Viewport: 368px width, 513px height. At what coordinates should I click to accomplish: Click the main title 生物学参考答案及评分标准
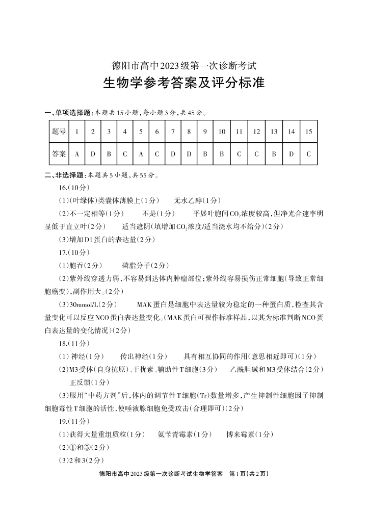183,83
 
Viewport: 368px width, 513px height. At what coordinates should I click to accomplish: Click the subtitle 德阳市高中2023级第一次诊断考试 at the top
183,66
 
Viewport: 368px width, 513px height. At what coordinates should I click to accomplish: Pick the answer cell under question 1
76,153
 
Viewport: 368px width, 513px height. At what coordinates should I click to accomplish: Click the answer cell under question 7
173,153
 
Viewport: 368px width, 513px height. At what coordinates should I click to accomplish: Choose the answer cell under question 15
308,153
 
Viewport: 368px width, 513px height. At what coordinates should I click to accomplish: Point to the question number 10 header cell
222,132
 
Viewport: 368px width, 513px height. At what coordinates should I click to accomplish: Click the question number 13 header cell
274,132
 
